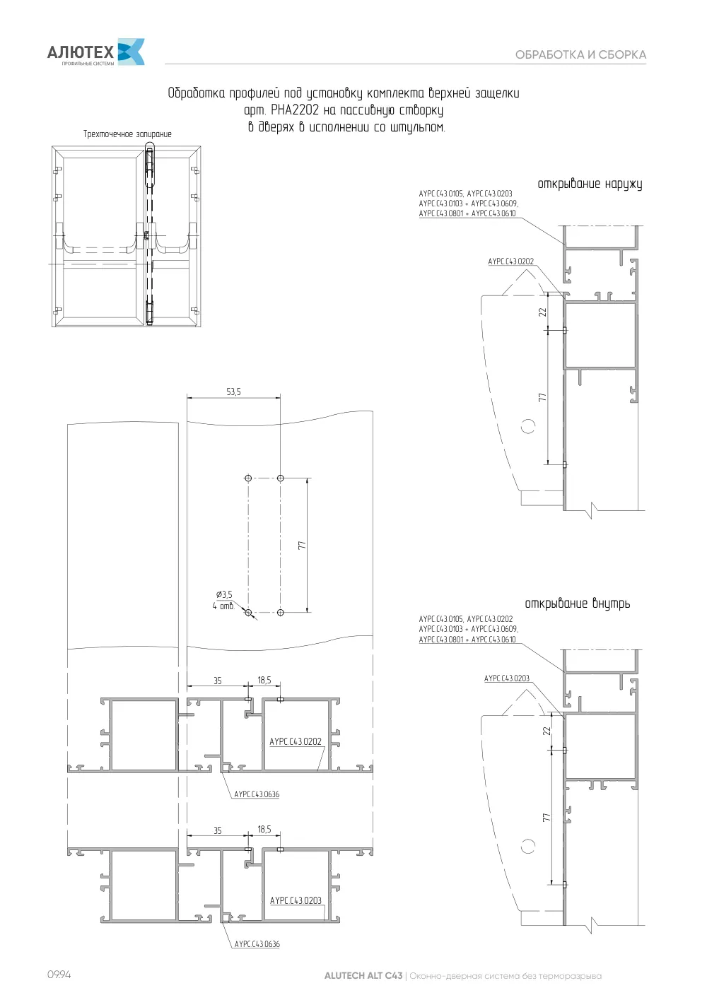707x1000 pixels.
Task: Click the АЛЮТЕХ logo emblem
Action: pos(131,52)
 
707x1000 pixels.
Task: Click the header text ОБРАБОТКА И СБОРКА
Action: pos(580,55)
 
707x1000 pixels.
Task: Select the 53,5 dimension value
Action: pos(233,392)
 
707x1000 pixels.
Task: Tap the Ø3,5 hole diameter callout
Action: pos(224,594)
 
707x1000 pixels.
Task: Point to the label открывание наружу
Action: pos(590,184)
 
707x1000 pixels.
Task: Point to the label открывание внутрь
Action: pos(577,604)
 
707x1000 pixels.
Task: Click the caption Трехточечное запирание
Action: pos(127,134)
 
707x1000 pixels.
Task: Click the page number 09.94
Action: pos(59,975)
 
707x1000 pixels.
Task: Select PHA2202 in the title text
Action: pos(295,110)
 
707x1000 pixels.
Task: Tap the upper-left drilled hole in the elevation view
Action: pos(248,478)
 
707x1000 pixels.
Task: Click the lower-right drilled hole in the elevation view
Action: pos(281,613)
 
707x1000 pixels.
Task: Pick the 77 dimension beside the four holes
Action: pos(303,545)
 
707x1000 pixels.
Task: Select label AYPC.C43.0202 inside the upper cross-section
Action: pos(296,741)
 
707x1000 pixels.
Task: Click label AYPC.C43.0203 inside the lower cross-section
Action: pos(296,900)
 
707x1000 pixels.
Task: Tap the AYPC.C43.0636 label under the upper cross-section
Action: pos(257,794)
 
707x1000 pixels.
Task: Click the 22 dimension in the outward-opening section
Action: pos(542,312)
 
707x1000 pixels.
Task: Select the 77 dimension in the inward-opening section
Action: pos(547,818)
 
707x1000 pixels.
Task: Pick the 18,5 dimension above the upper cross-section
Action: pos(264,680)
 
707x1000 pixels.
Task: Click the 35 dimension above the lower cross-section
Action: pos(218,830)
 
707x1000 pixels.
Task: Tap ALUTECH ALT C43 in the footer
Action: pos(363,975)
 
